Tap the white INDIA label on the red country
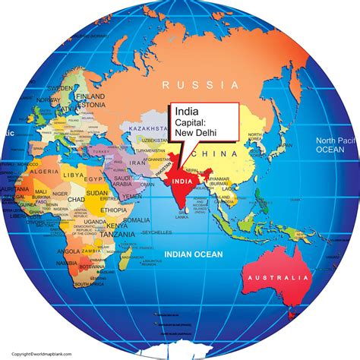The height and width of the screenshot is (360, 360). pos(183,182)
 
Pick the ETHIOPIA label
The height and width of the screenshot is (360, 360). pos(113,209)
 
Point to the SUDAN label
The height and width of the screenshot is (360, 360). pos(96,194)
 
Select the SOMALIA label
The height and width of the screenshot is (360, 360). pos(136,219)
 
